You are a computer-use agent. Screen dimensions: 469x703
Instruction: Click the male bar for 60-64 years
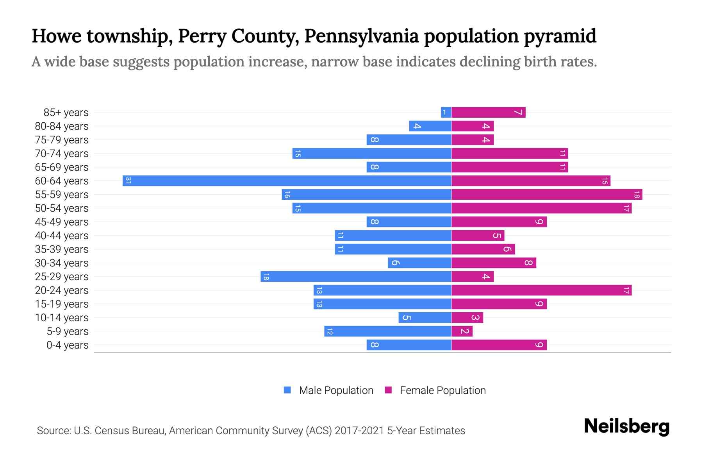click(x=287, y=181)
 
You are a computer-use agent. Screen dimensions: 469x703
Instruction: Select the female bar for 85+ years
click(x=488, y=113)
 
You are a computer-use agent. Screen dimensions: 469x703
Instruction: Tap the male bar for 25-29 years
click(x=356, y=277)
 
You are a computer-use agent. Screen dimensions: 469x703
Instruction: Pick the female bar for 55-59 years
click(x=547, y=195)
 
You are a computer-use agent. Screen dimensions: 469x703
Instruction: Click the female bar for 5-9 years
click(x=462, y=331)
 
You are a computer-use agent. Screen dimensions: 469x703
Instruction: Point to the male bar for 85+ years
click(x=446, y=113)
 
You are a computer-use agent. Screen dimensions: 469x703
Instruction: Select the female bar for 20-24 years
click(x=541, y=290)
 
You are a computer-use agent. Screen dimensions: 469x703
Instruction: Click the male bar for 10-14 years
click(x=425, y=318)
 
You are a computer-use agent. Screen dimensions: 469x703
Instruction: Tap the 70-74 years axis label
click(x=62, y=154)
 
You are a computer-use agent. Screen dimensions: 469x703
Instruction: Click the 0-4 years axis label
click(x=67, y=345)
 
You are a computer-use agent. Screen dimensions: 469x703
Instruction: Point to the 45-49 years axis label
click(x=62, y=222)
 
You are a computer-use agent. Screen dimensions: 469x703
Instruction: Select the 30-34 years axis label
click(x=62, y=263)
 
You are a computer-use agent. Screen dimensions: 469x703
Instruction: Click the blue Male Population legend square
click(x=287, y=390)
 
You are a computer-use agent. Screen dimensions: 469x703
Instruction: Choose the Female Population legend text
click(x=442, y=390)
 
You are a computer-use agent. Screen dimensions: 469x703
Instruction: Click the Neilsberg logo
click(x=626, y=426)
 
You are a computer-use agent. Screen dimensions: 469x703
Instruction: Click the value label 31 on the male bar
click(x=128, y=181)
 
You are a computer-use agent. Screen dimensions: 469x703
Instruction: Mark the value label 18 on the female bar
click(x=637, y=195)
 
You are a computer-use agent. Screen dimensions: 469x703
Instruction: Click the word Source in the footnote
click(x=53, y=431)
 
